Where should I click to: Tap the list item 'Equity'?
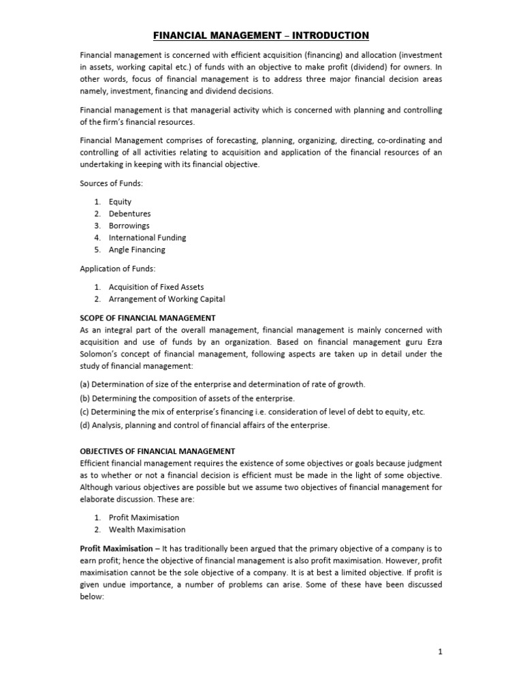click(120, 202)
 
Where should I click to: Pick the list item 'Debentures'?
click(129, 214)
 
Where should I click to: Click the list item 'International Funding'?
click(147, 238)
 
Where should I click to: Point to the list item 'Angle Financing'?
click(137, 250)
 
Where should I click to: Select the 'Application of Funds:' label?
click(118, 269)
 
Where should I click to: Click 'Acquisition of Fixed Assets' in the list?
click(156, 287)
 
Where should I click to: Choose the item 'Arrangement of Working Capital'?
click(166, 299)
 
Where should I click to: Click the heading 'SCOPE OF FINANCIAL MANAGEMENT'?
click(148, 318)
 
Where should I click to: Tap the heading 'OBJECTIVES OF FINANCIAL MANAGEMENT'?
click(157, 451)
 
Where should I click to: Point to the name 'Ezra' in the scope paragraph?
click(432, 342)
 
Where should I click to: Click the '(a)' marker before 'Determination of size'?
click(86, 384)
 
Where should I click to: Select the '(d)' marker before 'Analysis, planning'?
click(86, 425)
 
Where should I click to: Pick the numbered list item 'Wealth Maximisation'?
click(146, 530)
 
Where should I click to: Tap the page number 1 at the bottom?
click(440, 652)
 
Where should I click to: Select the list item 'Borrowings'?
click(129, 226)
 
